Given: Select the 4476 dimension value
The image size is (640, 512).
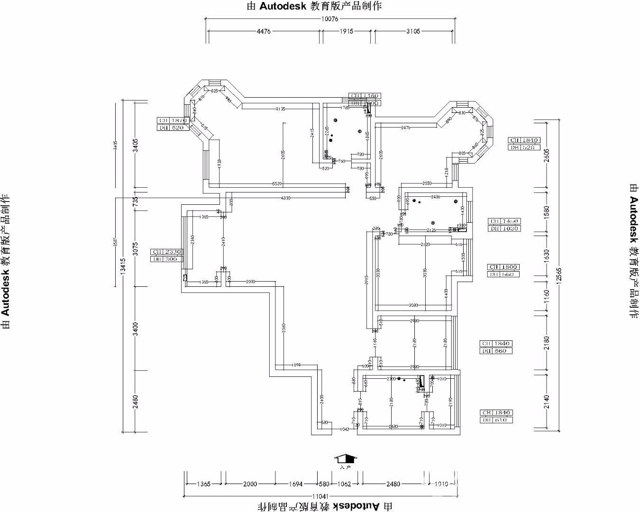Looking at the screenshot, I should click(263, 31).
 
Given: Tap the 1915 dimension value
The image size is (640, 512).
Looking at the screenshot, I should click(347, 31).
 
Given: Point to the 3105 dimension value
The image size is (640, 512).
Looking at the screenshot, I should click(413, 31).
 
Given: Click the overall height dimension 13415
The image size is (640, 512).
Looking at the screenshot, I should click(123, 266).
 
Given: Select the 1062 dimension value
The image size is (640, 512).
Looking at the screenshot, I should click(343, 484).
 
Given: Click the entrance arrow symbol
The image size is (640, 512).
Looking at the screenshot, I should click(346, 459).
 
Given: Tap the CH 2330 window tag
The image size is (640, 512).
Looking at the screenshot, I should click(166, 252).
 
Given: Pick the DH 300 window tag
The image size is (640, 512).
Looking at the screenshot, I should click(166, 259).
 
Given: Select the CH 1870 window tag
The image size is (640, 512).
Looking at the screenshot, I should click(173, 120).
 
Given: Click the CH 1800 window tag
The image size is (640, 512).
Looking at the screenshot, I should click(503, 267).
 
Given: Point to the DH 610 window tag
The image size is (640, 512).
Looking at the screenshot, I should click(496, 420).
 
